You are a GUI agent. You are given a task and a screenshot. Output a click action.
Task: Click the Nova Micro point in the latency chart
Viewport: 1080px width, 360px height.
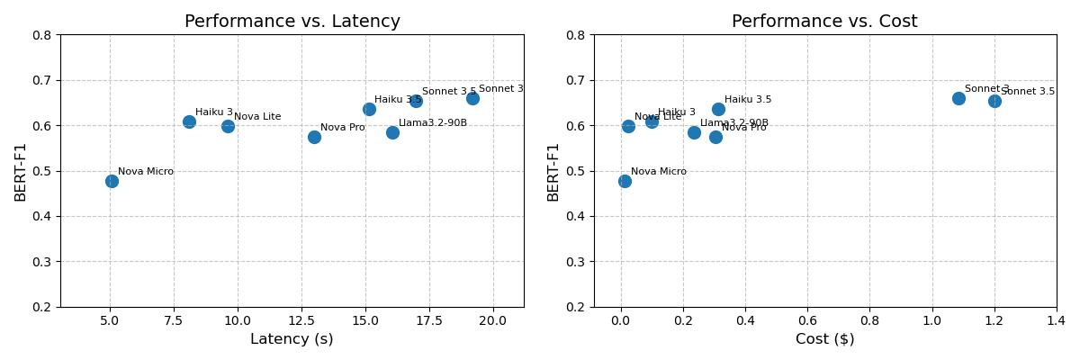pos(112,181)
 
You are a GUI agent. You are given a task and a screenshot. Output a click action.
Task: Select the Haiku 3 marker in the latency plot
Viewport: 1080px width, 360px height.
pos(189,121)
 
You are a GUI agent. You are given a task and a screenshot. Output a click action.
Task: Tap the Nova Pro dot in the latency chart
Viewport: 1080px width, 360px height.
pos(314,137)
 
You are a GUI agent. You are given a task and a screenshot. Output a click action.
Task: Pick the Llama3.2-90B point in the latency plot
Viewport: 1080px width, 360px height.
pos(392,132)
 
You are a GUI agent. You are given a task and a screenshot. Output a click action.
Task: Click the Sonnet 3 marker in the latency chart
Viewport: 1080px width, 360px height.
pos(472,98)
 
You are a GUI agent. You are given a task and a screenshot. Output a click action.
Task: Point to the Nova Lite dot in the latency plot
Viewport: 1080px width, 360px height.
pos(228,126)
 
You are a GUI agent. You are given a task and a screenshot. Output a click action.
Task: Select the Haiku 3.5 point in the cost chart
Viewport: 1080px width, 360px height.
pos(718,109)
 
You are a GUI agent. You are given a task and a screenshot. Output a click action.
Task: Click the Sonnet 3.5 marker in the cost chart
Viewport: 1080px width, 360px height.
pos(994,101)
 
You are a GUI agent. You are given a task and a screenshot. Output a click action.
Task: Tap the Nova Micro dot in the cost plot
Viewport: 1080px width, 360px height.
pos(625,181)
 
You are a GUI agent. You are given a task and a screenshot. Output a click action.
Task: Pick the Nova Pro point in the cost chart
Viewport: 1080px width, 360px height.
pos(715,137)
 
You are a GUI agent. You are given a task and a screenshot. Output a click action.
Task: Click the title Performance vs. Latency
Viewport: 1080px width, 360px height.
pos(292,22)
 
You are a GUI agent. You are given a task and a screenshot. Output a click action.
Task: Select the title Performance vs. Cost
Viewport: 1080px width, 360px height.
pos(824,22)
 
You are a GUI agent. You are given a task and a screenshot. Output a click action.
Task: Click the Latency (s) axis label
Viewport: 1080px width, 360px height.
pos(292,339)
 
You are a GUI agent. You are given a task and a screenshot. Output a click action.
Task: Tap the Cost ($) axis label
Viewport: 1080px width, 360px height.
pos(824,339)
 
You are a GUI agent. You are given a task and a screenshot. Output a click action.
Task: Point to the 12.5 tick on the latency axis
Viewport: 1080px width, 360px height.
pos(301,320)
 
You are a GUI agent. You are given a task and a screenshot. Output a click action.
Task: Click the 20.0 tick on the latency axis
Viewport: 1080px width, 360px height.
pos(493,320)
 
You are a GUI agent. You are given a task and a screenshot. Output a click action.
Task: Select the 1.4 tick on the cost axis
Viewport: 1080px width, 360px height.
pos(1057,320)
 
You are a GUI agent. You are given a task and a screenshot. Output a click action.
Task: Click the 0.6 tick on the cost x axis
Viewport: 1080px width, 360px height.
pos(807,320)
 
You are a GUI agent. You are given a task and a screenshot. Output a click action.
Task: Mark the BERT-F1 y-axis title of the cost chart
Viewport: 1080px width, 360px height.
pos(553,171)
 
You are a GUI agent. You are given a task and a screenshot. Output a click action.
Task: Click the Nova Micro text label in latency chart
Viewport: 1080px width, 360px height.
pos(145,171)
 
